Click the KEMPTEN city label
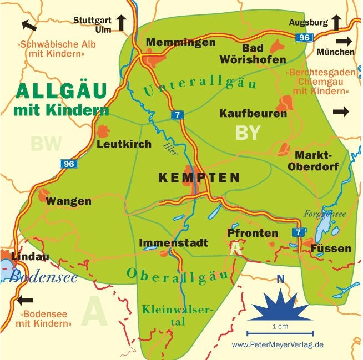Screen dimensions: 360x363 tap(199, 178)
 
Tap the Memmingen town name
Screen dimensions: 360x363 tap(180, 43)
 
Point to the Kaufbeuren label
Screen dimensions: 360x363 tap(253, 114)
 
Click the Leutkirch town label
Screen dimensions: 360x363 tap(124, 144)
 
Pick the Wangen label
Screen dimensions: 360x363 tap(68, 201)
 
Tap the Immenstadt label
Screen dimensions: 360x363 tap(173, 243)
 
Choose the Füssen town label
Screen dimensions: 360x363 tap(331, 248)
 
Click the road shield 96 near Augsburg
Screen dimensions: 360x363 tap(304, 38)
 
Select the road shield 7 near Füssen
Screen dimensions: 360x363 tap(299, 232)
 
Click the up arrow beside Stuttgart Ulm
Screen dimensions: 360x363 tap(121, 23)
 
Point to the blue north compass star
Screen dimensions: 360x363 tap(280, 306)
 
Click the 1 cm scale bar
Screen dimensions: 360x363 tap(280, 333)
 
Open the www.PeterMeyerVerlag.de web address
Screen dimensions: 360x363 tap(278, 345)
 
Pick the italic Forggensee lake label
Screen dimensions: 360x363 tap(325, 214)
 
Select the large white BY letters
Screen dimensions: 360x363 tap(248, 133)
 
